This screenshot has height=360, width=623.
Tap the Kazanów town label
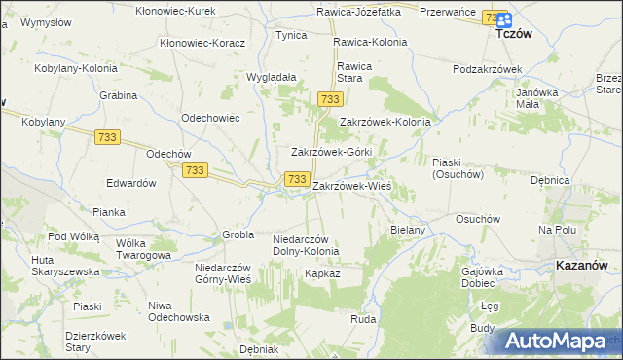point(581,265)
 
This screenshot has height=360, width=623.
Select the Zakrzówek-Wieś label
point(351,185)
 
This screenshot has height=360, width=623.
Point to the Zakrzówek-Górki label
point(332,153)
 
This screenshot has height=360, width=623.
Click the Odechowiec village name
point(210,117)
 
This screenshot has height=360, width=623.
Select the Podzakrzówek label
point(488,69)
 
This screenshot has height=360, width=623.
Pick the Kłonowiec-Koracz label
point(202,44)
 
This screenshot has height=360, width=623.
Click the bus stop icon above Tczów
point(502,18)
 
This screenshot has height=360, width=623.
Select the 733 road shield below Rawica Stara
point(330,100)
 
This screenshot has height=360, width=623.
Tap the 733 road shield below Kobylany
point(107,138)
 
